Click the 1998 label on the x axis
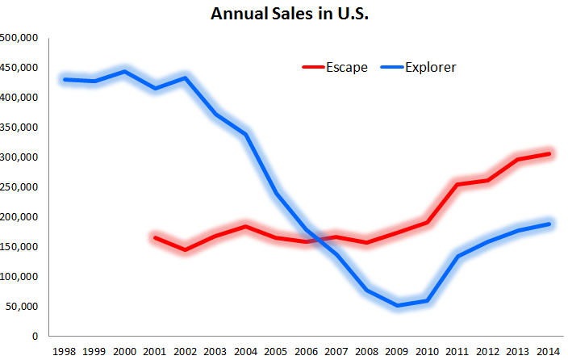(x=65, y=352)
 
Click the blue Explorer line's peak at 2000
(x=125, y=71)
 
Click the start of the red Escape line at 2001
(x=156, y=237)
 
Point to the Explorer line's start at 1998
(x=65, y=79)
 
